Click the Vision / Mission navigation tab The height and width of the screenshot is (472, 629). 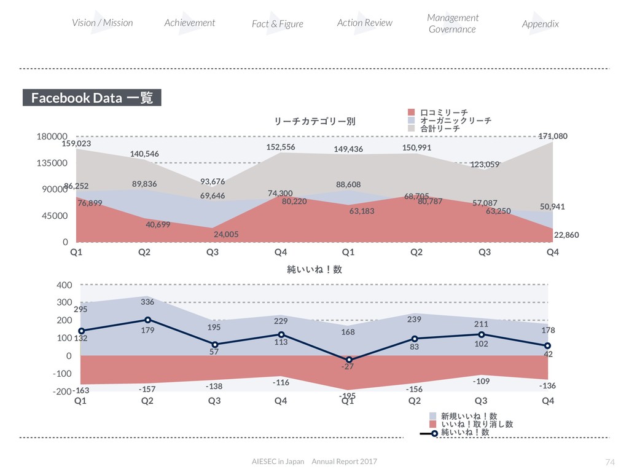tap(102, 23)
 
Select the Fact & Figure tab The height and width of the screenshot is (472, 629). tap(278, 24)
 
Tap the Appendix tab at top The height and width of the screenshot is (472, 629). tap(540, 24)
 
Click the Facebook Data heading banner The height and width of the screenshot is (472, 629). tap(92, 98)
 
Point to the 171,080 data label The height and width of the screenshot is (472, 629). tap(553, 136)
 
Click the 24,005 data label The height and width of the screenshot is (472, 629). tap(226, 234)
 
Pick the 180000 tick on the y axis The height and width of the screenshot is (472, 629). tap(51, 136)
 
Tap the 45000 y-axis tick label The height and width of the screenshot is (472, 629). tap(53, 216)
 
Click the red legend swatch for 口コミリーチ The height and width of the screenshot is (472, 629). tap(412, 112)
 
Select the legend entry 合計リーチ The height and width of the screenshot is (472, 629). tap(440, 129)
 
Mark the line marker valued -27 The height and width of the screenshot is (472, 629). tap(349, 360)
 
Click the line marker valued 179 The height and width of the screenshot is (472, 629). tap(147, 320)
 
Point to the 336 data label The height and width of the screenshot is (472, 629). tap(147, 302)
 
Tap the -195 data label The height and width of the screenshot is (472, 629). tap(348, 396)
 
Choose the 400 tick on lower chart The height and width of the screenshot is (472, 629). tap(64, 285)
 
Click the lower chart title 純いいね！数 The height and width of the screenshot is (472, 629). tap(314, 270)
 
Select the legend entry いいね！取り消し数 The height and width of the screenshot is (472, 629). tap(477, 424)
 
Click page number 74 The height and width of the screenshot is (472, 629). tap(609, 462)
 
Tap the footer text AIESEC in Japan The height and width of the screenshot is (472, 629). tap(278, 462)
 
